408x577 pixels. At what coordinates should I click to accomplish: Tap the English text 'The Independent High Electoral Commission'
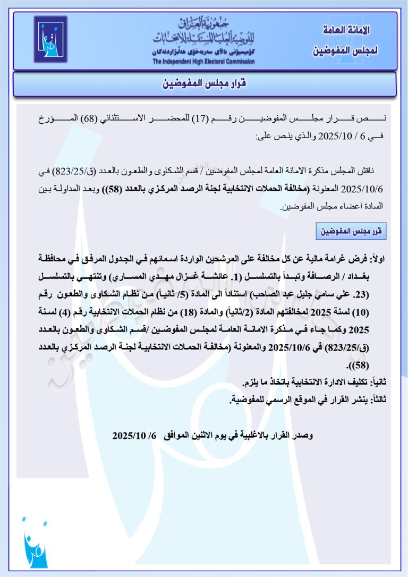click(x=203, y=62)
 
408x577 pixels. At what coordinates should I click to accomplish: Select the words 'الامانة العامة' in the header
click(x=347, y=31)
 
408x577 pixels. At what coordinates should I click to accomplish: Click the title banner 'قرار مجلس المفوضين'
click(x=205, y=84)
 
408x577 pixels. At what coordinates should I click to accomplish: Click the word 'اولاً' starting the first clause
click(x=381, y=258)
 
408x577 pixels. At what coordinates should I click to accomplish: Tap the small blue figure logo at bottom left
click(x=35, y=542)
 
